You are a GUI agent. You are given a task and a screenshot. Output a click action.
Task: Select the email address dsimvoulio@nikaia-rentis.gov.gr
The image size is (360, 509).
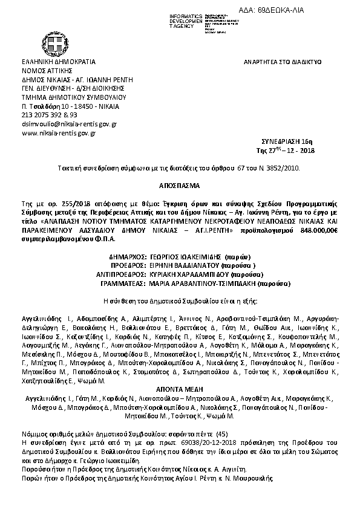(69, 123)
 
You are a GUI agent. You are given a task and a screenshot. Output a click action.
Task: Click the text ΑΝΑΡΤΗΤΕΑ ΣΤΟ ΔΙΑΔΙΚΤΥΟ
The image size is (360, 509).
(282, 62)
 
